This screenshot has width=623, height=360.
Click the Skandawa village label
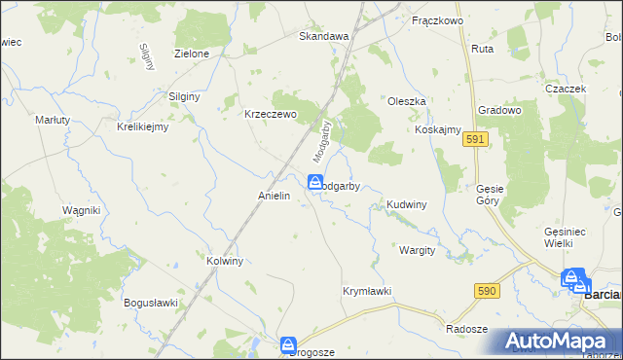[323, 36]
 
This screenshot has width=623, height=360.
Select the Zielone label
[191, 54]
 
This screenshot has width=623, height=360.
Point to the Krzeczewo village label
[268, 112]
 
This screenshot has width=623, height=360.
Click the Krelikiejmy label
[143, 126]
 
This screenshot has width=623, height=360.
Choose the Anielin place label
[275, 196]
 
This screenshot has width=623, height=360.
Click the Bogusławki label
[150, 303]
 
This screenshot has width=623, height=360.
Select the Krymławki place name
[367, 291]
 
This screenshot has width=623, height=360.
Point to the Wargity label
[416, 250]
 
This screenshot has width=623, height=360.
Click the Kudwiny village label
[407, 204]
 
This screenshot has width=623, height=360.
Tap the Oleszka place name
[407, 100]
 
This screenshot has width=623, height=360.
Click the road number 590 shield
[488, 291]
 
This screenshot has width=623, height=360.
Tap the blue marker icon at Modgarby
[315, 182]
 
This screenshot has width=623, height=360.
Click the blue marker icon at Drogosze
[288, 344]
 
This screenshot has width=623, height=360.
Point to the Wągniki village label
[82, 210]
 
